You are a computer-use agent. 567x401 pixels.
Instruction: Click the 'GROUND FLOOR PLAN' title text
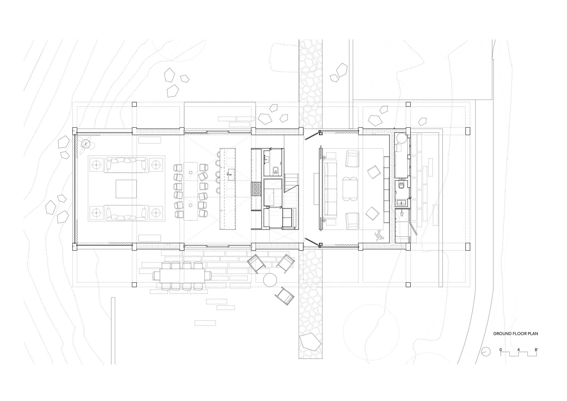point(515,333)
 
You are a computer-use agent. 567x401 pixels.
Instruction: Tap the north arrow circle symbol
point(486,352)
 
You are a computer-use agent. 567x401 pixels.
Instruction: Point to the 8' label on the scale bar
point(536,349)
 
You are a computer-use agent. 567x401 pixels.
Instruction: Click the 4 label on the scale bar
point(518,349)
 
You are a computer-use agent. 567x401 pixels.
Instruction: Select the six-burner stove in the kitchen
point(257,189)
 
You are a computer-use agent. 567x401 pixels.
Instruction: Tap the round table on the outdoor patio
point(270,279)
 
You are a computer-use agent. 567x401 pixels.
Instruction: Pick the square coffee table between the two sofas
point(126,189)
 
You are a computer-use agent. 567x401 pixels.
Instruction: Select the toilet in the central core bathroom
point(275,170)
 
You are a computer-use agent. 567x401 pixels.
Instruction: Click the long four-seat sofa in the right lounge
point(330,189)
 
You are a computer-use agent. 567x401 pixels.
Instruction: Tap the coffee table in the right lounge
point(350,189)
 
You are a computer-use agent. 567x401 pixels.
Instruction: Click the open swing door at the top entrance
point(312,135)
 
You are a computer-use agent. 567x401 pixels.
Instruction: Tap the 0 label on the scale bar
point(501,349)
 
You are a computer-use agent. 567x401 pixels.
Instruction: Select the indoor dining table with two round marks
point(191,191)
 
